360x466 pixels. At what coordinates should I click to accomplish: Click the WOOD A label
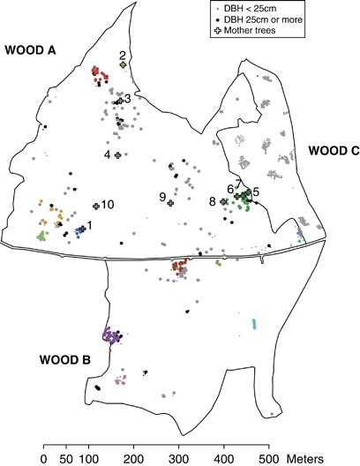click(29, 49)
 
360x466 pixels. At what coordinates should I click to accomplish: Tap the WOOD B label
click(64, 359)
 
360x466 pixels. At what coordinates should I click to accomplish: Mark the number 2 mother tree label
click(123, 55)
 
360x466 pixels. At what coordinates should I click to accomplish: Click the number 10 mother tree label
click(108, 205)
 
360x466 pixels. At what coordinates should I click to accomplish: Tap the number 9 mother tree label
click(162, 197)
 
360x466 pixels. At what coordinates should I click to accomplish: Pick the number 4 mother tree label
click(108, 155)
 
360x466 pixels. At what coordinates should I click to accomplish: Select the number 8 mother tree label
click(213, 202)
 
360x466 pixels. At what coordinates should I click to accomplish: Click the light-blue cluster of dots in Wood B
click(254, 323)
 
